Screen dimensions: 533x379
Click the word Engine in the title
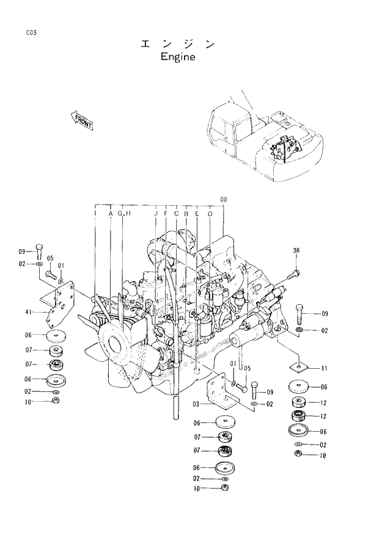point(177,57)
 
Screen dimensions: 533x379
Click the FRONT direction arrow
point(82,120)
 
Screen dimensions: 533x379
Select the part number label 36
point(296,250)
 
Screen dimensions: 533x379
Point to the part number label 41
point(28,313)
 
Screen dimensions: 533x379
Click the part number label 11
point(324,368)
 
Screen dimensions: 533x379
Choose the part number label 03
point(196,404)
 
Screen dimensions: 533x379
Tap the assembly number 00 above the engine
point(223,199)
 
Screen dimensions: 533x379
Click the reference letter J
point(156,214)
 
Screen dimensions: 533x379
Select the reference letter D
point(210,214)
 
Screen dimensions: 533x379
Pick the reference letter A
point(111,214)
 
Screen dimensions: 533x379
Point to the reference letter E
point(197,214)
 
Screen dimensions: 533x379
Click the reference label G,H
point(124,214)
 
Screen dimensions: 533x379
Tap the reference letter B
point(186,214)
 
